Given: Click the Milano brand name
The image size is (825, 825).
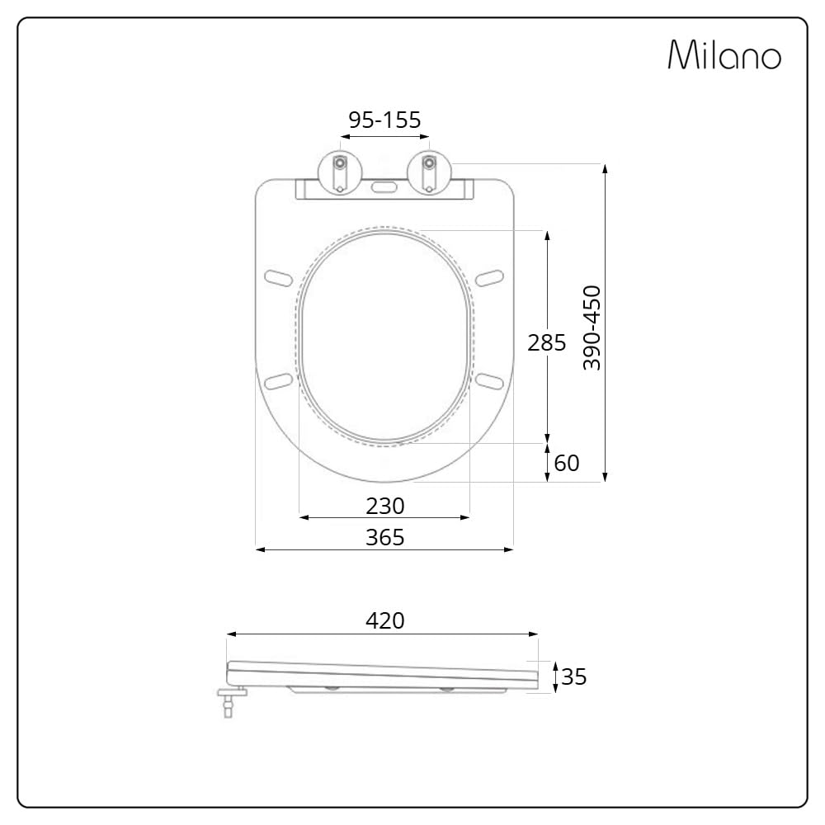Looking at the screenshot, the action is tap(724, 54).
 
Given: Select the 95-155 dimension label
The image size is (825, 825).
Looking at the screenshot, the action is tap(384, 120).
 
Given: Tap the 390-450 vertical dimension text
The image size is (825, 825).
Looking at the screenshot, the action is tap(592, 328).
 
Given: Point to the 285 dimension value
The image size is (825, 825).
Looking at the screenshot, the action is tap(547, 342).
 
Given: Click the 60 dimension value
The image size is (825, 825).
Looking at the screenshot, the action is tap(567, 463).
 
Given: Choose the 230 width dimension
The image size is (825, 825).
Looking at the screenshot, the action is tap(385, 507).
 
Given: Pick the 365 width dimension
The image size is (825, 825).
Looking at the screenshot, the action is tap(385, 538).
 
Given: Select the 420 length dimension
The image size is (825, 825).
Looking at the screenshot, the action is tap(385, 621).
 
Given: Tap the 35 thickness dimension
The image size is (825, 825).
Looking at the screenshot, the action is tap(573, 676).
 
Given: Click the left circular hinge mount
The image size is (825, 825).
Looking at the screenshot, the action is tap(340, 172).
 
